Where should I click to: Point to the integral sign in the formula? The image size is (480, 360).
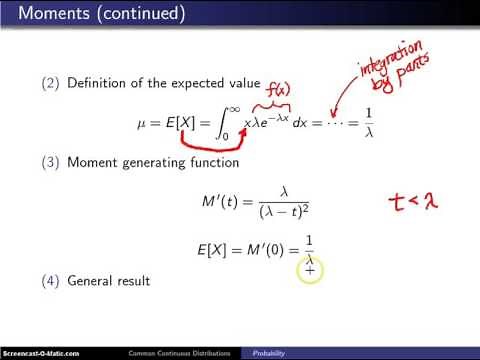coord(217,128)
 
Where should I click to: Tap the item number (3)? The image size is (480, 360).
coord(50,162)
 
